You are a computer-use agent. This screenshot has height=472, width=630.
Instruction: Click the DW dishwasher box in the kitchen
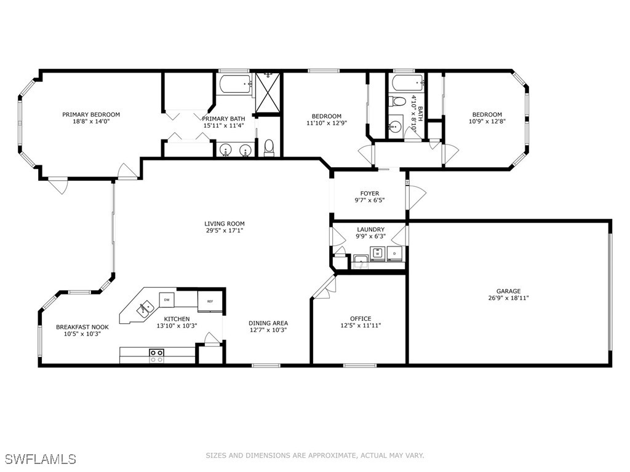[167, 300]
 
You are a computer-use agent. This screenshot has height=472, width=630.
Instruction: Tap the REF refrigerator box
[210, 301]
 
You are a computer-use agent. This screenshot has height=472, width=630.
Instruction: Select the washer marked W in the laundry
[378, 253]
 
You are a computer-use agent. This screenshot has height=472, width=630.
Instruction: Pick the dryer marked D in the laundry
[394, 253]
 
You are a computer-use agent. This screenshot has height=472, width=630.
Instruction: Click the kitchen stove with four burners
[157, 356]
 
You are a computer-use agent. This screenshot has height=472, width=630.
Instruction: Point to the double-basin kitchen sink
[145, 309]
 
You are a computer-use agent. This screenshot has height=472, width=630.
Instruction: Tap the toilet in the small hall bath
[398, 101]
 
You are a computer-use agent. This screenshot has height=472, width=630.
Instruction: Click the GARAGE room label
[508, 291]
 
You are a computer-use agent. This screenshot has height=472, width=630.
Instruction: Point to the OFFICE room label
[361, 319]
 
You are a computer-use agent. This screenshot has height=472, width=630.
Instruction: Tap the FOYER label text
[370, 194]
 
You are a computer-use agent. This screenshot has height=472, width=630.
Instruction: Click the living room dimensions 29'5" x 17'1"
[224, 230]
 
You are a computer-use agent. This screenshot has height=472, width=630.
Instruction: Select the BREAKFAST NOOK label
[82, 327]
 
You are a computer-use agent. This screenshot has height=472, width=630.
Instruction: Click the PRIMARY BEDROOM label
[91, 114]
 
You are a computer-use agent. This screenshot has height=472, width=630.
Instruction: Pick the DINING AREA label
[268, 323]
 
